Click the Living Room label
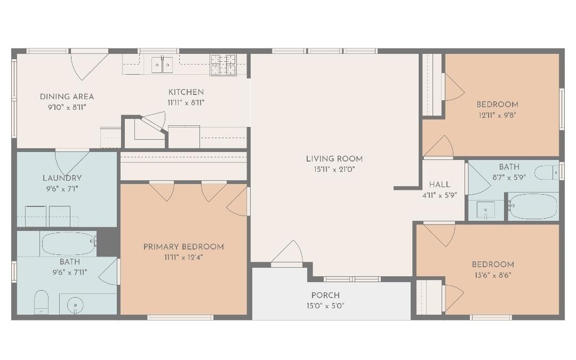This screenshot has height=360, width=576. click(334, 158)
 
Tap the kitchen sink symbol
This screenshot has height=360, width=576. click(162, 65)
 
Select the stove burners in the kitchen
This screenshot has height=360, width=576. click(223, 65)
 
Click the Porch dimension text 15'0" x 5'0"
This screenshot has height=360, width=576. click(325, 306)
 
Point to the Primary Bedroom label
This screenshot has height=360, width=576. click(183, 246)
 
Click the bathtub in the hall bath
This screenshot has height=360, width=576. click(533, 206)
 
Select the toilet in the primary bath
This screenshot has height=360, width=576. click(42, 302)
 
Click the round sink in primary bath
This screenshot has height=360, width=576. click(75, 306)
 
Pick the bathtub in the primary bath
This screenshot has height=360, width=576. click(68, 243)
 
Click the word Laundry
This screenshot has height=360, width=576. click(62, 178)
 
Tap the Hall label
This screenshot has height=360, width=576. click(439, 185)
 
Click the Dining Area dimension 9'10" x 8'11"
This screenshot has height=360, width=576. click(67, 107)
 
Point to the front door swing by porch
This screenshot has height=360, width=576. click(288, 254)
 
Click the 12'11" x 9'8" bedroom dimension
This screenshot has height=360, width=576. click(497, 115)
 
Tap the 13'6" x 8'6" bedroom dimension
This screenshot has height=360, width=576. click(493, 275)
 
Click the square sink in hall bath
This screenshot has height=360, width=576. click(485, 210)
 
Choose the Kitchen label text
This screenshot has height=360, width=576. click(186, 92)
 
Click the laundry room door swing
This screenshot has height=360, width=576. click(71, 162)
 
